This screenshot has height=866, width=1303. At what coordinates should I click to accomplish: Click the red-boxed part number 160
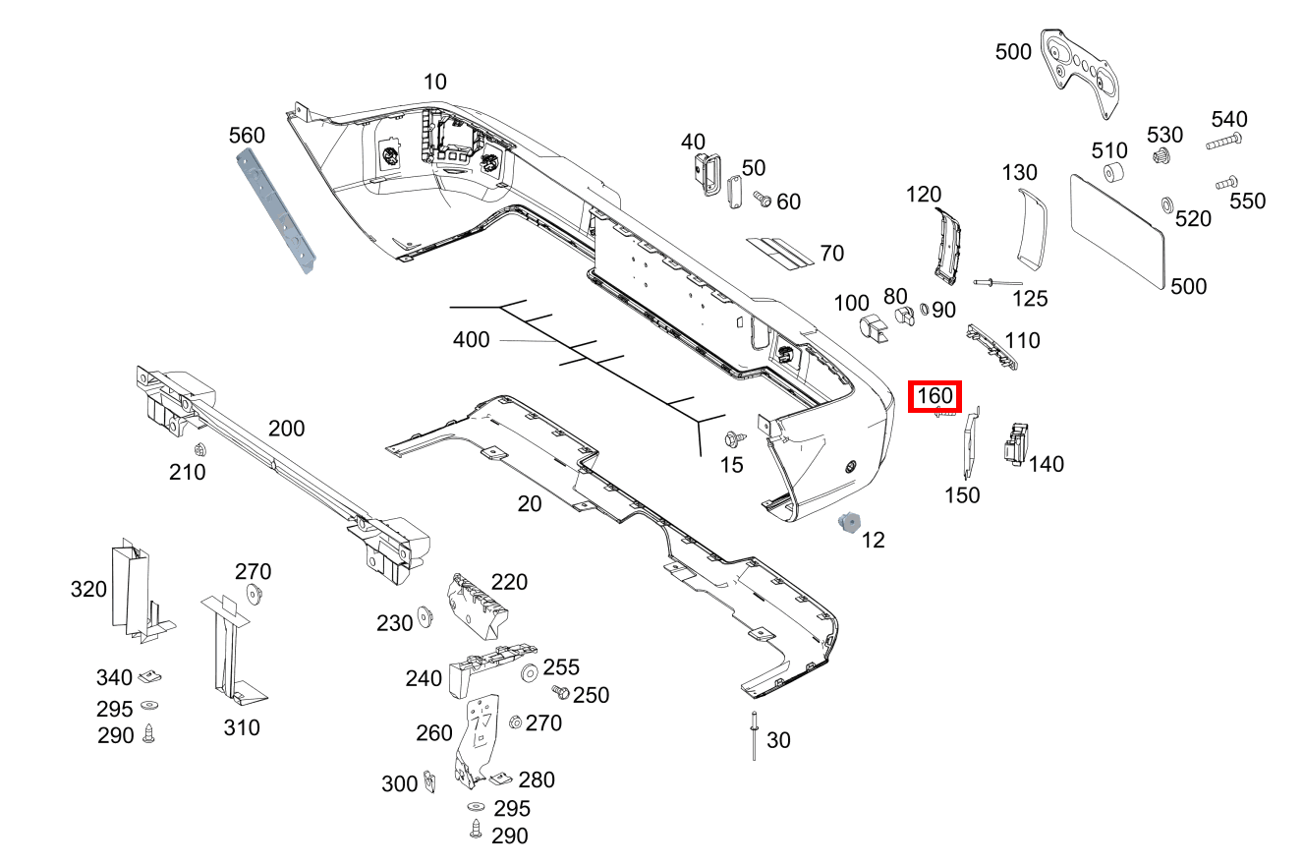tap(935, 397)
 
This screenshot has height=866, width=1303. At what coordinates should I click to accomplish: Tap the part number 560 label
tap(247, 135)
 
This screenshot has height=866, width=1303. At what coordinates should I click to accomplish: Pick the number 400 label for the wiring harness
tap(471, 340)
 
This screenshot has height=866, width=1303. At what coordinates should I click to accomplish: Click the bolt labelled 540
tap(1223, 143)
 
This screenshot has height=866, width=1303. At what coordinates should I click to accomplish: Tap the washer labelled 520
tap(1166, 204)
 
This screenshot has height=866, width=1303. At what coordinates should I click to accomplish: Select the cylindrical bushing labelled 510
tap(1114, 175)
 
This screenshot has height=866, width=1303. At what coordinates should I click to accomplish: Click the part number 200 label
tap(286, 429)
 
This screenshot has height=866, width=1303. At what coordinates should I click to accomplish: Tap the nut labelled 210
tap(200, 451)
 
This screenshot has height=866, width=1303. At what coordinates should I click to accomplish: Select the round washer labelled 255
tap(529, 672)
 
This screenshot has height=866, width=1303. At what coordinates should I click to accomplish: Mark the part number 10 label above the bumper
tap(434, 82)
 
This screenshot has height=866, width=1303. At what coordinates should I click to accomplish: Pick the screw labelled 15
tap(733, 437)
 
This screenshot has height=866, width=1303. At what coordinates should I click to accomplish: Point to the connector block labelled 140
tap(1014, 444)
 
